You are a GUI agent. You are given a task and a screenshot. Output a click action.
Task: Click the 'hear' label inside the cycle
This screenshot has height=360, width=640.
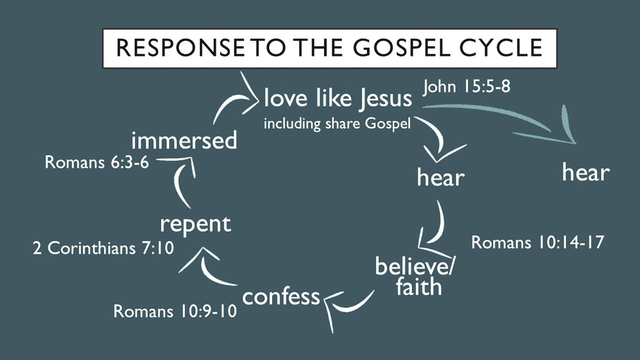(440, 178)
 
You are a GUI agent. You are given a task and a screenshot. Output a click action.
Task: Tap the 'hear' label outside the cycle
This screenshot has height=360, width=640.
(585, 172)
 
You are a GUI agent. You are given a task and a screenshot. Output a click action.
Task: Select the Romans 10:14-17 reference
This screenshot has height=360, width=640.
(538, 242)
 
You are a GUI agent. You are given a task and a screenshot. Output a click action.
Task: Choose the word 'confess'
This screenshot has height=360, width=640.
(281, 296)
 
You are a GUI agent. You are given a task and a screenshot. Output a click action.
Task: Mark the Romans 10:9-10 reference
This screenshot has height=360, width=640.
(175, 311)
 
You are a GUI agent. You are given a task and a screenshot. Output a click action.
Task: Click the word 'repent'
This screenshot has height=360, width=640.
(195, 224)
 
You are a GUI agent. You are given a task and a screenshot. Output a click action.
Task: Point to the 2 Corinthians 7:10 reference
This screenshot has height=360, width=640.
(103, 249)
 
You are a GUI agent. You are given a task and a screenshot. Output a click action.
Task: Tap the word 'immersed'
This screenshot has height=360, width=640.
(184, 141)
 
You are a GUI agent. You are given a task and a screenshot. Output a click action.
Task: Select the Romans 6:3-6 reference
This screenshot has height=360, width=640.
(97, 163)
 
